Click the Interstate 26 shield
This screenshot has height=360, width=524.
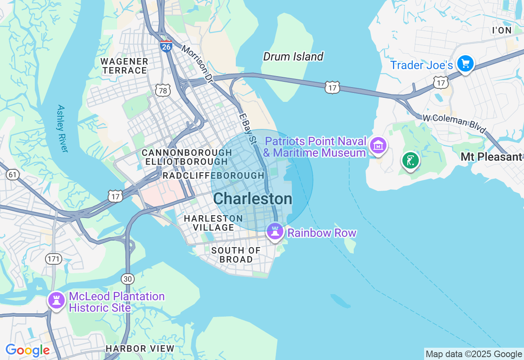pos(166,46)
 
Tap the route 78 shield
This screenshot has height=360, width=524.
pos(163,90)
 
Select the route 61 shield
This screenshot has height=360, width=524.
pos(13,175)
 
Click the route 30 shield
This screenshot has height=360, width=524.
pos(128,279)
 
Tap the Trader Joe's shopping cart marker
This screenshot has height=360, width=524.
pos(465,64)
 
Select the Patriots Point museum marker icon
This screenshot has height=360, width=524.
pos(378,145)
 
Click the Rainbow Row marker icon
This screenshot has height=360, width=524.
pos(275,232)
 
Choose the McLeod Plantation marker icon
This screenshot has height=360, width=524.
pos(56,301)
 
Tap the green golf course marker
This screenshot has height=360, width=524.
pos(410,160)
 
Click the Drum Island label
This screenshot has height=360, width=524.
pos(293,56)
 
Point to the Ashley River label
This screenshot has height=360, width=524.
pos(61,129)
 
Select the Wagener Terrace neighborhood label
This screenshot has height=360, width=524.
pos(124,66)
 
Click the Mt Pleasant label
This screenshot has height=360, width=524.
pos(491,157)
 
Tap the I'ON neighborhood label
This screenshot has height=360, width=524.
pos(502,30)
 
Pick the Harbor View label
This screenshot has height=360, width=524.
pos(140,349)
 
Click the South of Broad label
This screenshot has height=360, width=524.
pos(236,255)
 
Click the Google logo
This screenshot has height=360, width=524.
pos(27,350)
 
